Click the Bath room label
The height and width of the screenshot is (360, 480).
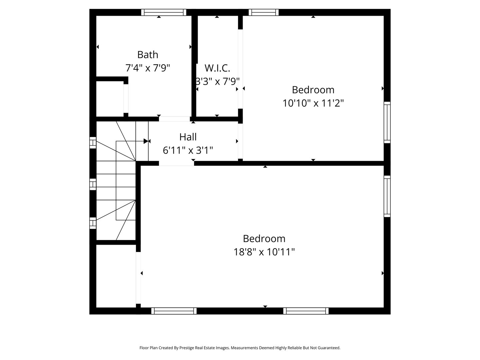pyautogui.click(x=148, y=55)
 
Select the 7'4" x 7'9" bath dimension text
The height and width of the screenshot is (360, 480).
pyautogui.click(x=148, y=68)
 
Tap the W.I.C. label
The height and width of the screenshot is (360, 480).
pyautogui.click(x=217, y=68)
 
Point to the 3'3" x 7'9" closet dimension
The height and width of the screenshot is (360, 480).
pyautogui.click(x=217, y=81)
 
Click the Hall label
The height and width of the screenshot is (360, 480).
pyautogui.click(x=188, y=137)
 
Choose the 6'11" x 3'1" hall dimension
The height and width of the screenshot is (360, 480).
pyautogui.click(x=188, y=150)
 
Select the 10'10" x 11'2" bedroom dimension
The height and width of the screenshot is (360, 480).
pyautogui.click(x=313, y=103)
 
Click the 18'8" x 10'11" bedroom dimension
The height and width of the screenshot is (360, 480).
pyautogui.click(x=264, y=252)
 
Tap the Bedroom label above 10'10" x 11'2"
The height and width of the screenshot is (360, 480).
pyautogui.click(x=313, y=90)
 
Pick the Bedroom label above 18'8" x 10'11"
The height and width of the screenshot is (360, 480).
pyautogui.click(x=264, y=239)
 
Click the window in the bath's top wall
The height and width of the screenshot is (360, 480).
pyautogui.click(x=164, y=12)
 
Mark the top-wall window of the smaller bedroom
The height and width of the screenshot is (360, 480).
pyautogui.click(x=263, y=12)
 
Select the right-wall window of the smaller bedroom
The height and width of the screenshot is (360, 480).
pyautogui.click(x=387, y=122)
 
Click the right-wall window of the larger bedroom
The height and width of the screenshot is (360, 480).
pyautogui.click(x=387, y=196)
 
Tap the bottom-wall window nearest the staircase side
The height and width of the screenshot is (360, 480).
pyautogui.click(x=174, y=311)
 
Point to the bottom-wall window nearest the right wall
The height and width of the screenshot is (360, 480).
pyautogui.click(x=306, y=311)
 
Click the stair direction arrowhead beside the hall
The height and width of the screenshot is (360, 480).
pyautogui.click(x=146, y=141)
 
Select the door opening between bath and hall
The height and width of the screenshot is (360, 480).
pyautogui.click(x=174, y=119)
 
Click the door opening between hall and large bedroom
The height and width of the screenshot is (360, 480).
pyautogui.click(x=176, y=163)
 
